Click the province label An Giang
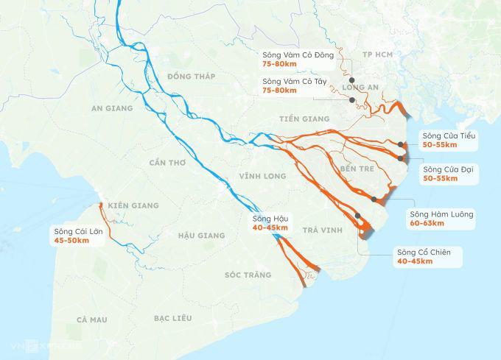tap(112, 108)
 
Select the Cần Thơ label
tap(167, 162)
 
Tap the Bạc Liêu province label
tap(173, 318)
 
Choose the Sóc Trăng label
tap(248, 275)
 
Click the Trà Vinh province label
tap(323, 231)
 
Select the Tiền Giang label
tap(304, 119)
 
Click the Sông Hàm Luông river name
tap(442, 214)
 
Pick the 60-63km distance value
tap(427, 224)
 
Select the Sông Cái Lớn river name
tap(79, 231)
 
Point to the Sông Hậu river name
tap(270, 218)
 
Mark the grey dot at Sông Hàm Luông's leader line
tap(374, 200)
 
